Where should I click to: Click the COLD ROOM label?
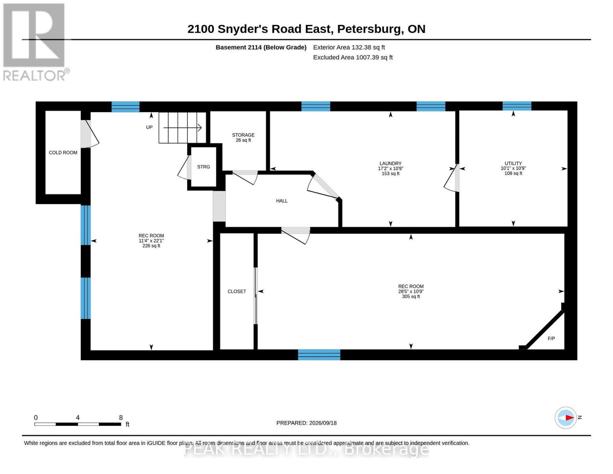63,153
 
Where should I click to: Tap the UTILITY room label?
513,164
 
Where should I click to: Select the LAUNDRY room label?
390,164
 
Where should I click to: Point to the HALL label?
281,201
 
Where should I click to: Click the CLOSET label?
237,292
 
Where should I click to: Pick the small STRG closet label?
203,167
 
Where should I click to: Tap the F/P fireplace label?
551,339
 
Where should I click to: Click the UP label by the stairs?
149,127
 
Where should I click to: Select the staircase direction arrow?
182,128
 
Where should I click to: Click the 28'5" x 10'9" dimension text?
411,292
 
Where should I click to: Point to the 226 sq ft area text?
151,246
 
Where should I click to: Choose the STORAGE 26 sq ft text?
243,137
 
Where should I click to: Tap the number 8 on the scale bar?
121,418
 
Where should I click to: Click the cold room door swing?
90,134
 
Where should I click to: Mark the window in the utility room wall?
517,106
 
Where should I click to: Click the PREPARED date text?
306,423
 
